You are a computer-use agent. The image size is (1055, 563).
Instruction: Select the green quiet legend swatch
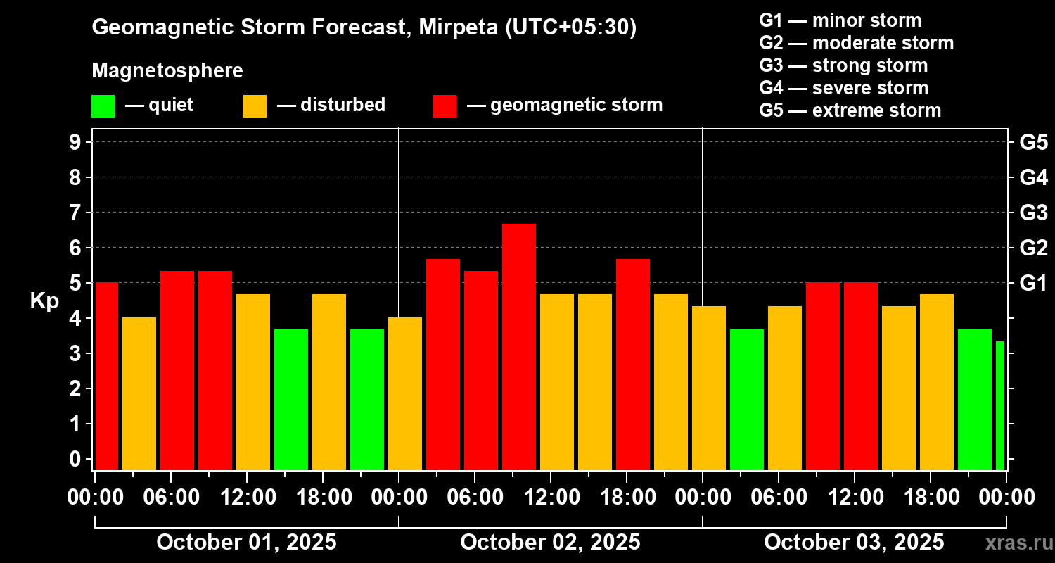(x=103, y=106)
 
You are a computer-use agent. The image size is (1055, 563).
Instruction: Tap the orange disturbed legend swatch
(x=255, y=106)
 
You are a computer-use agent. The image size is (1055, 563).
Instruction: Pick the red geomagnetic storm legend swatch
(x=445, y=106)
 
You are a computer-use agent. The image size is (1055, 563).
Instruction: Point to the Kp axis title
(x=44, y=301)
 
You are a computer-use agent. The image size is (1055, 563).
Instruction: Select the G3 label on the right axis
(x=1033, y=213)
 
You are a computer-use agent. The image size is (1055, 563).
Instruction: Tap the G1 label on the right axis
(x=1033, y=283)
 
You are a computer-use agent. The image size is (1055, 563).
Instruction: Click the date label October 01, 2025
(x=246, y=542)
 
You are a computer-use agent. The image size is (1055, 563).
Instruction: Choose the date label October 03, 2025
(x=854, y=542)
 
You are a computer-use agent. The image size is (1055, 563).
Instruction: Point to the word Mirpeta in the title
(x=457, y=27)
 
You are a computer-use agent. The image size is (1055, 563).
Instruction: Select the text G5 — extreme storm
(x=850, y=110)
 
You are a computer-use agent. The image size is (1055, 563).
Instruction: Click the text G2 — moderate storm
(x=856, y=43)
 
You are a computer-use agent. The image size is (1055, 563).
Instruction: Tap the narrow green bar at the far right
(x=1000, y=405)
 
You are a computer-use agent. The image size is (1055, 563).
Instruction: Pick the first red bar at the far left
(x=106, y=376)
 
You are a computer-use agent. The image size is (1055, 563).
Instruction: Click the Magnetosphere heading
(x=167, y=71)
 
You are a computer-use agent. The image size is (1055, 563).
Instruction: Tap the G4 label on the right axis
(x=1033, y=177)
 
